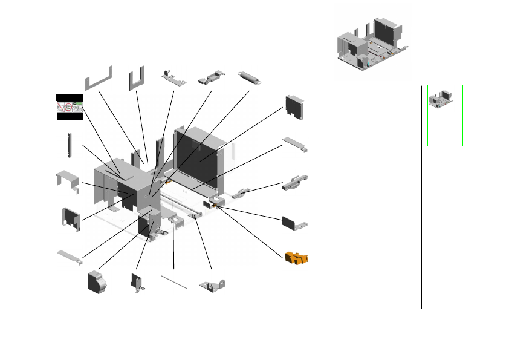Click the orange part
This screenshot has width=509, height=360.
tap(296, 258)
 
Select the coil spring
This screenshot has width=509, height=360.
tap(250, 78)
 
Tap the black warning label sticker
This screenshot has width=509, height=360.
tap(69, 107)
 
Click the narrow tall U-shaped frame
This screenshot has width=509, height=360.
tap(136, 77)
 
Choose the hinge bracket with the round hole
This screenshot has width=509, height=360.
tap(212, 284)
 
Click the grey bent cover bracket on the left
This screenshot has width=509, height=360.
tap(68, 181)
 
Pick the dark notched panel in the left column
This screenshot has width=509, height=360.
tap(71, 218)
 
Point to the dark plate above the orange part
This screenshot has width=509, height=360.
tap(294, 221)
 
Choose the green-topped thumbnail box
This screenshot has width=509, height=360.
tap(445, 115)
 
